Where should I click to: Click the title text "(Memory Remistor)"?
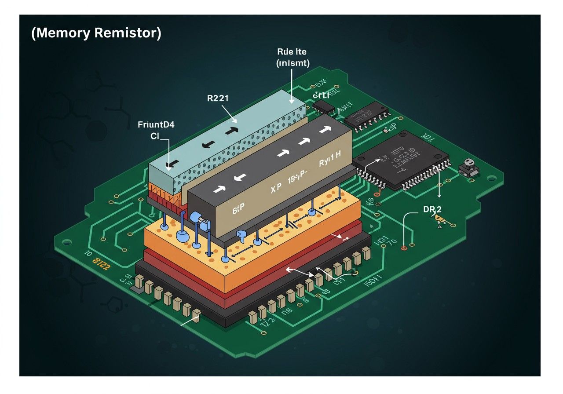(x=96, y=34)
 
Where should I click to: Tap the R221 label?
(x=217, y=99)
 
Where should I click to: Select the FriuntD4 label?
(x=156, y=125)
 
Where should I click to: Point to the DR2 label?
(x=432, y=210)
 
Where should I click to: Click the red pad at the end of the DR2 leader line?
(x=404, y=248)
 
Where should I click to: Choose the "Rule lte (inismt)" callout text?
(x=292, y=57)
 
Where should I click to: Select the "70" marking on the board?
(x=392, y=242)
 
